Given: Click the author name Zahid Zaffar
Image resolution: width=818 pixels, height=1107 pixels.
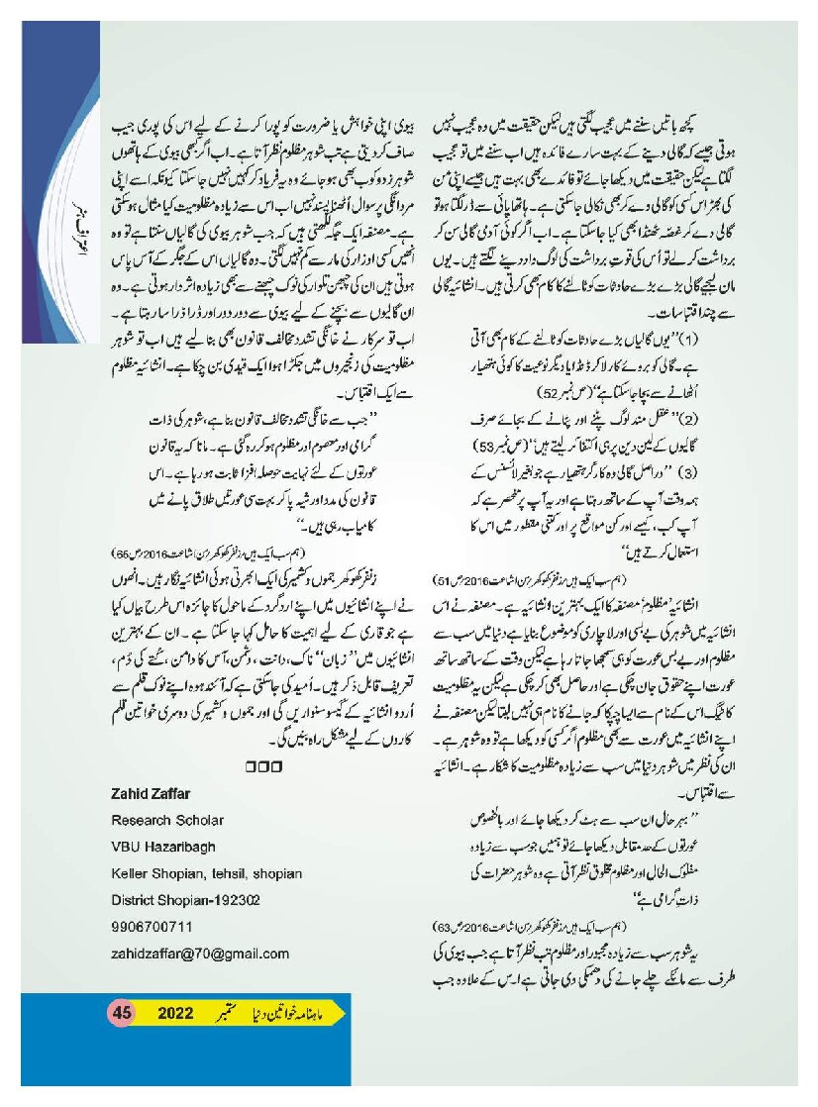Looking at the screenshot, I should [150, 797].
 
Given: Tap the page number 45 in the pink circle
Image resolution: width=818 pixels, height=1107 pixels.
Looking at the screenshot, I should [123, 1012].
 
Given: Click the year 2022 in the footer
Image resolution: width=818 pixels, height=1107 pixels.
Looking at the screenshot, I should [178, 1012].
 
